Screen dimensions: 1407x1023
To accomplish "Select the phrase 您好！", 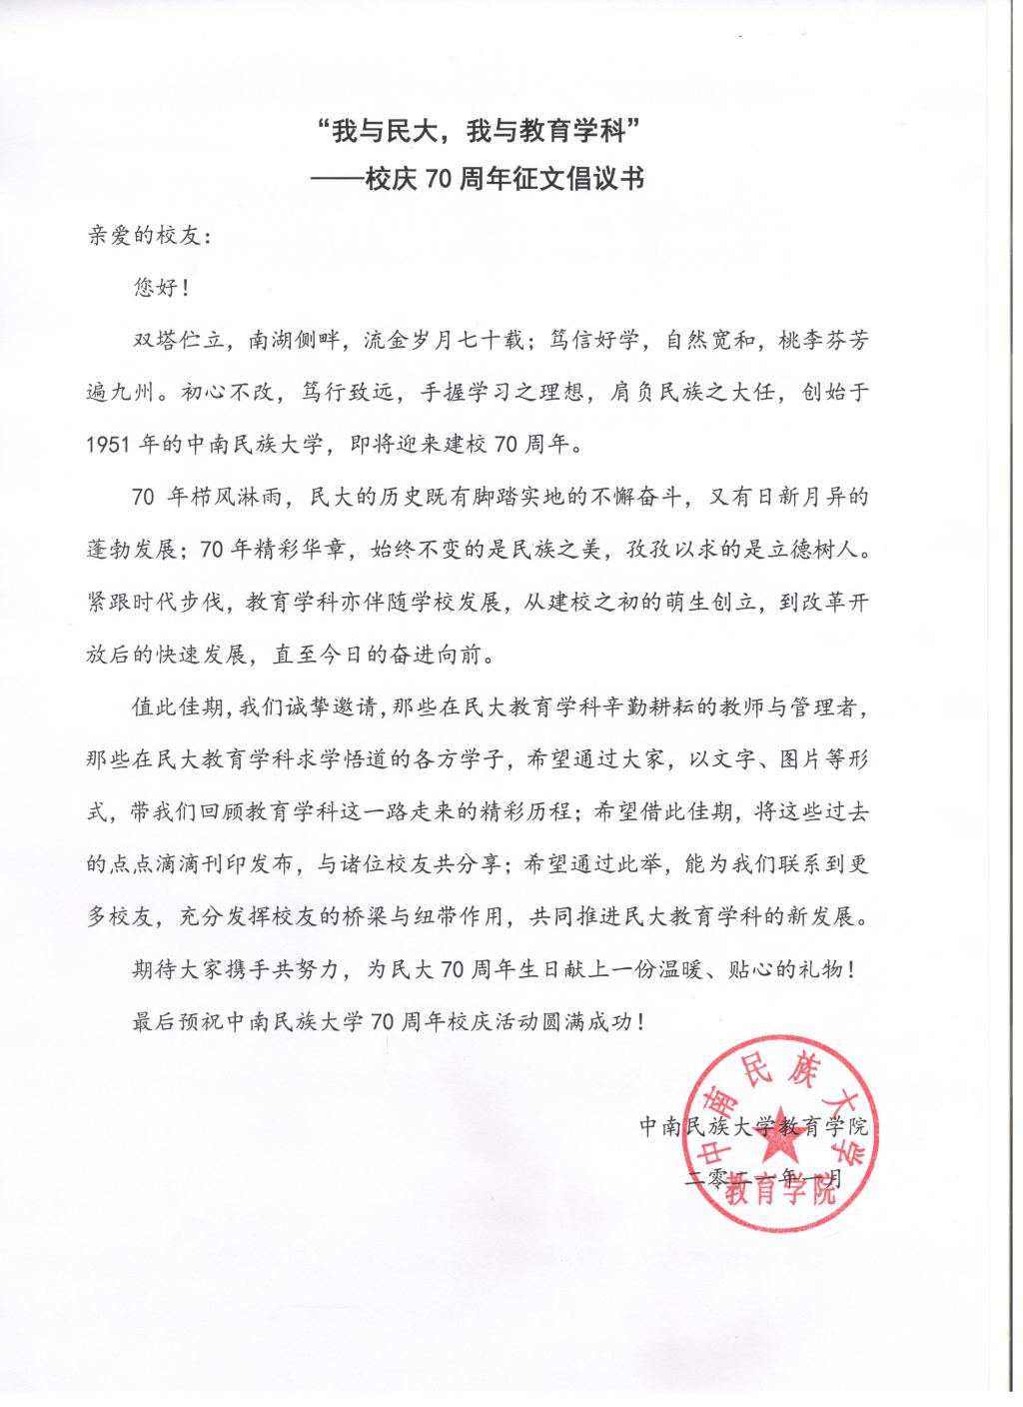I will point(159,289).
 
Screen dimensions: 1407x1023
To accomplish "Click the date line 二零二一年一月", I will point(764,1180).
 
